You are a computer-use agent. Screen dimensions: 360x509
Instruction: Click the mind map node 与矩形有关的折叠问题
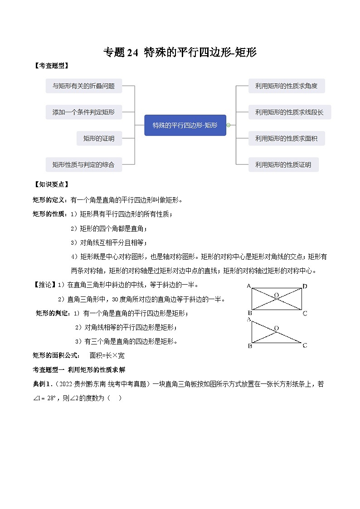(84, 86)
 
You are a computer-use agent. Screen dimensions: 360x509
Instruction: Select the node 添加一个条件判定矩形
(84, 112)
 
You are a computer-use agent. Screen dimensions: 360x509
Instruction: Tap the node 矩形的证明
(99, 138)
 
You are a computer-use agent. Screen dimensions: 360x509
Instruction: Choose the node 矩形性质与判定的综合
(84, 165)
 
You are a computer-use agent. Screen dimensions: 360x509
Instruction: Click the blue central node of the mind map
(185, 125)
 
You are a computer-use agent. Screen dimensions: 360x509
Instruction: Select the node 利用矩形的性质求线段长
(289, 112)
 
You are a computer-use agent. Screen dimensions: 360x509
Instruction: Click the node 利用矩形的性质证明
(283, 165)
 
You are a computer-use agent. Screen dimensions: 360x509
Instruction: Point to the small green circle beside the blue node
(229, 125)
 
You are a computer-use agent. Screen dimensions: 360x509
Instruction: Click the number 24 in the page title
(132, 53)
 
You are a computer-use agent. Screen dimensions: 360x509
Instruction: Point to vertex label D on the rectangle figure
(305, 286)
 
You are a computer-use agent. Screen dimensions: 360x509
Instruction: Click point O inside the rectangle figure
(276, 295)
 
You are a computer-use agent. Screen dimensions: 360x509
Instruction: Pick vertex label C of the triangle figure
(305, 345)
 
